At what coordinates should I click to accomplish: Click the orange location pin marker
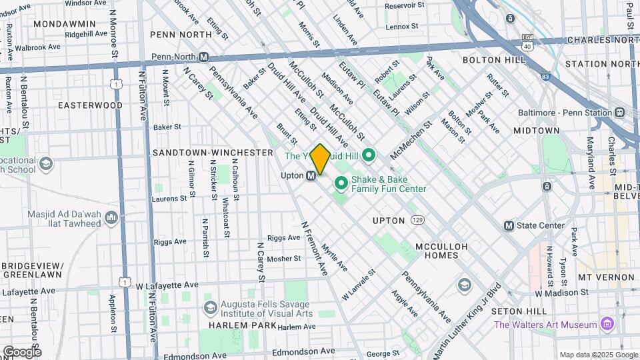coord(320,159)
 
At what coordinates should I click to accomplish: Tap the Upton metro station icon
coord(311,176)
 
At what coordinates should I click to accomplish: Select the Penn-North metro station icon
coord(204,57)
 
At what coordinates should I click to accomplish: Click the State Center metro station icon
coord(509,225)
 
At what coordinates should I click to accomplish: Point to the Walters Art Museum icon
coord(606,325)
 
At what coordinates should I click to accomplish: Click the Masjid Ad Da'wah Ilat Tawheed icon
coord(111,217)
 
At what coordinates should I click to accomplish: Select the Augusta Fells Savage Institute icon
coord(211,307)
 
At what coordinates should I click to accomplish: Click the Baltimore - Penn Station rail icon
coord(620,112)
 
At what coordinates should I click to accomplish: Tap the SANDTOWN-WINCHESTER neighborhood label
coord(213,153)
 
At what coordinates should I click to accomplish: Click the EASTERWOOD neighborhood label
coord(90,105)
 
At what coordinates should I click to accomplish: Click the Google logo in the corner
coord(21,351)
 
